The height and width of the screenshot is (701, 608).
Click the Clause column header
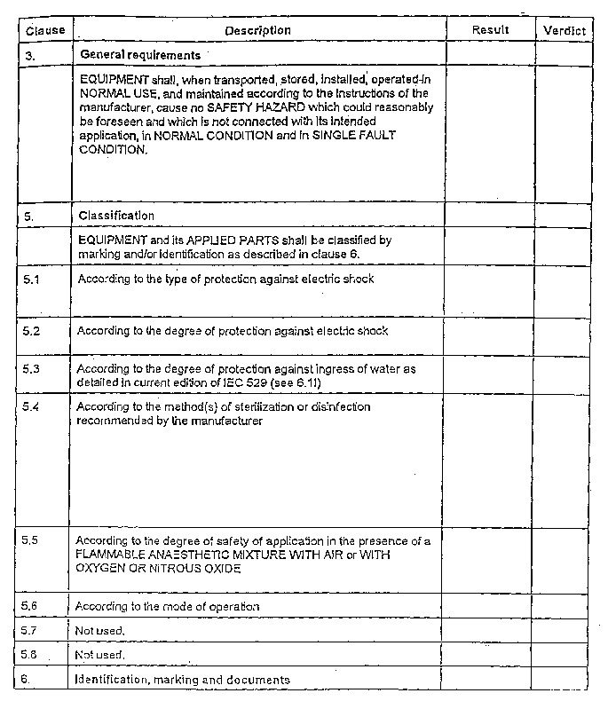pyautogui.click(x=45, y=30)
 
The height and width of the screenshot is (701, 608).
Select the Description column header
pyautogui.click(x=257, y=30)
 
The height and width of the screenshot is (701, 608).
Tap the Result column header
pyautogui.click(x=490, y=29)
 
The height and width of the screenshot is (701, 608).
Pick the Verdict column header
pyautogui.click(x=565, y=30)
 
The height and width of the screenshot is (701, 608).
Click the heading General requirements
pyautogui.click(x=140, y=54)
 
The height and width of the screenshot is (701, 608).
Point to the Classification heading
pyautogui.click(x=116, y=215)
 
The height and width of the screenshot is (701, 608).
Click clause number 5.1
pyautogui.click(x=32, y=279)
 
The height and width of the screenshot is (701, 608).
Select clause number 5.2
pyautogui.click(x=32, y=330)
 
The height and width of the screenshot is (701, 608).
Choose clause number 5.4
pyautogui.click(x=32, y=406)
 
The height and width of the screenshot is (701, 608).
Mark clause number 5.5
pyautogui.click(x=32, y=540)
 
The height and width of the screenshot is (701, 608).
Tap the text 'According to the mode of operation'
pyautogui.click(x=167, y=606)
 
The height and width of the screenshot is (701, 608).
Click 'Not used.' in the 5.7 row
pyautogui.click(x=99, y=631)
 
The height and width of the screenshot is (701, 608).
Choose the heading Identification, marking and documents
pyautogui.click(x=182, y=680)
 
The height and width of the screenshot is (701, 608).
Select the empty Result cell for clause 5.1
pyautogui.click(x=490, y=291)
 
